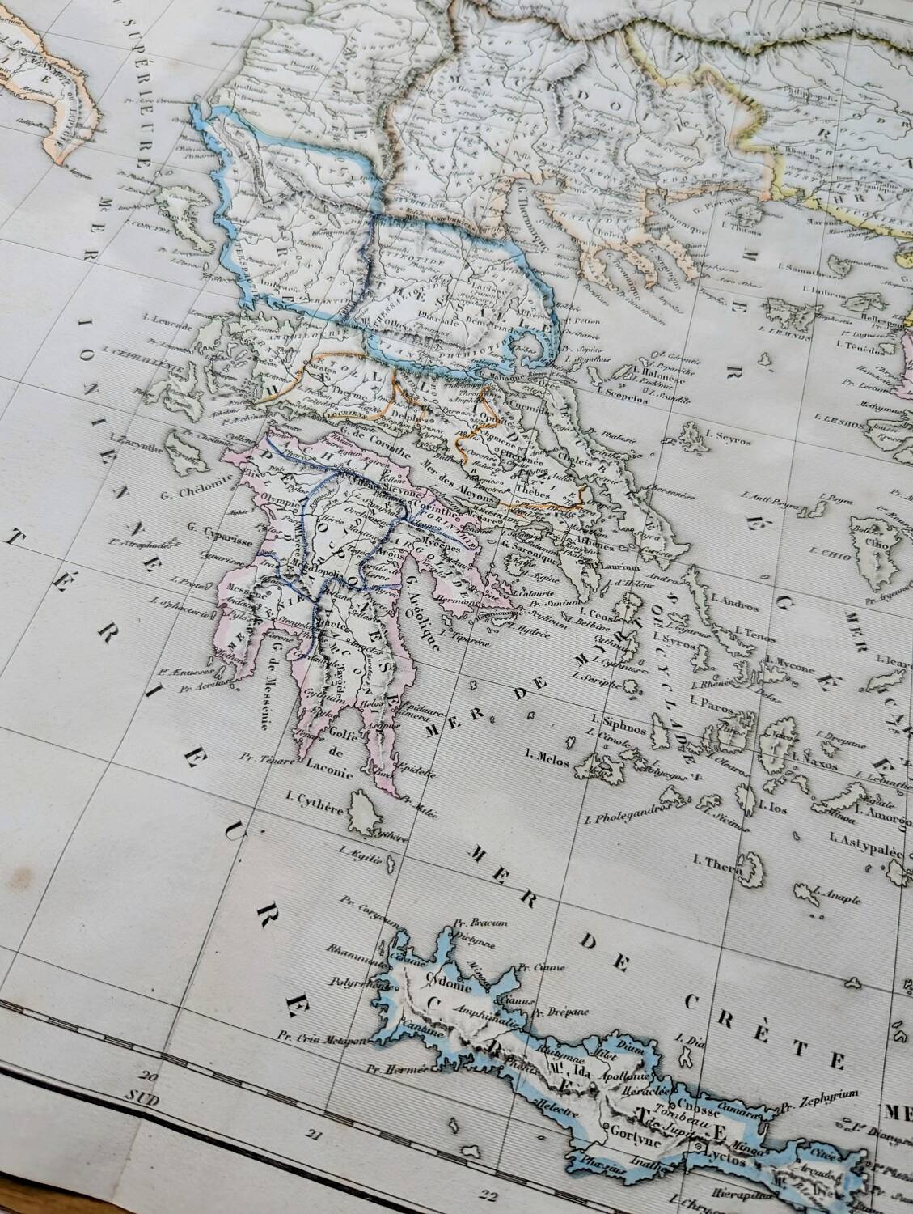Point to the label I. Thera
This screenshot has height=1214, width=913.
tap(723, 863)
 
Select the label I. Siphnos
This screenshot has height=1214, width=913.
tap(615, 718)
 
